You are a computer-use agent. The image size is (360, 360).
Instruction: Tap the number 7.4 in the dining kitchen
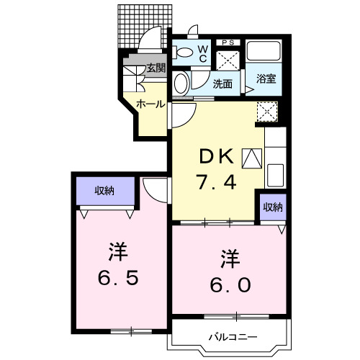[x=216, y=183]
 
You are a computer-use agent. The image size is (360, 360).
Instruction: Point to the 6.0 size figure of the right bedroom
[x=230, y=285]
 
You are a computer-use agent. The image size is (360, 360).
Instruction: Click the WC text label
[x=203, y=52]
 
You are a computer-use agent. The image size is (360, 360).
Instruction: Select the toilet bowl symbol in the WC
[x=184, y=50]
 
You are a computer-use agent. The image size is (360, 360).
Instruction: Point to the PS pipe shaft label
[x=230, y=42]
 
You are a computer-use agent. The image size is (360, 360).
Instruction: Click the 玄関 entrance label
[x=156, y=68]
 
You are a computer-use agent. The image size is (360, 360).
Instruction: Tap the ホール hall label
[x=150, y=104]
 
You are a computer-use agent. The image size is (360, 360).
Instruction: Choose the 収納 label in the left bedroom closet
[x=105, y=191]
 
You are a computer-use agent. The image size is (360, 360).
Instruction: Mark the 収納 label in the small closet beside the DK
[x=272, y=207]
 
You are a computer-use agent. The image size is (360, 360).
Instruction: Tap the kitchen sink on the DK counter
[x=275, y=175]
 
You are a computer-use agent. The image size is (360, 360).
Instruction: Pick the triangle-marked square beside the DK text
[x=252, y=157]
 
